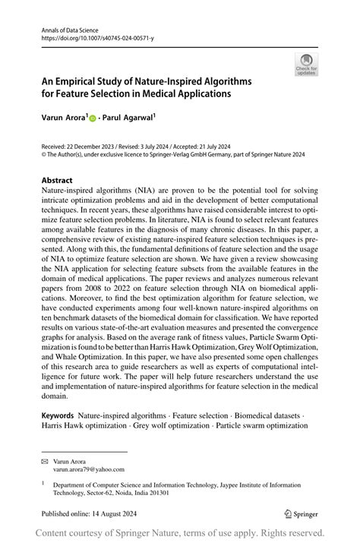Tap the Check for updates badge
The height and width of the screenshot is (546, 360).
tap(306, 64)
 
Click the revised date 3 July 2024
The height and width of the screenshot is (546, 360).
tap(166, 145)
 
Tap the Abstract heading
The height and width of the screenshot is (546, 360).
tap(57, 181)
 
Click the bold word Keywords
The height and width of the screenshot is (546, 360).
tap(57, 415)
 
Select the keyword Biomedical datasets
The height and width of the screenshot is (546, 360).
tap(271, 415)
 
